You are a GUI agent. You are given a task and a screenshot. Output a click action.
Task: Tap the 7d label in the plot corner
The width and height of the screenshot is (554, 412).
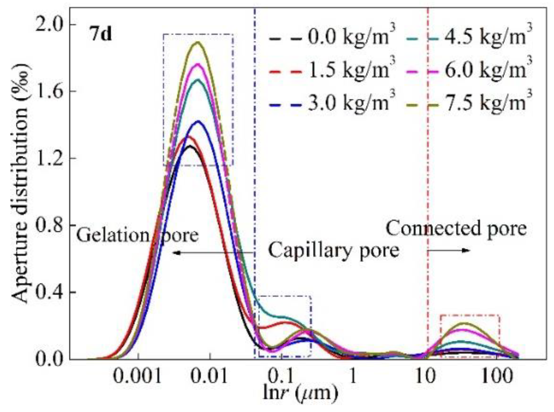tap(101, 35)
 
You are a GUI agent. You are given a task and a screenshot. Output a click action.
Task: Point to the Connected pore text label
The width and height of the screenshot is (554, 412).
tap(456, 229)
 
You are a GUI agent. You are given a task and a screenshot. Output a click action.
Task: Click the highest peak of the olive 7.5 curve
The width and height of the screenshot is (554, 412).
tap(198, 43)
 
